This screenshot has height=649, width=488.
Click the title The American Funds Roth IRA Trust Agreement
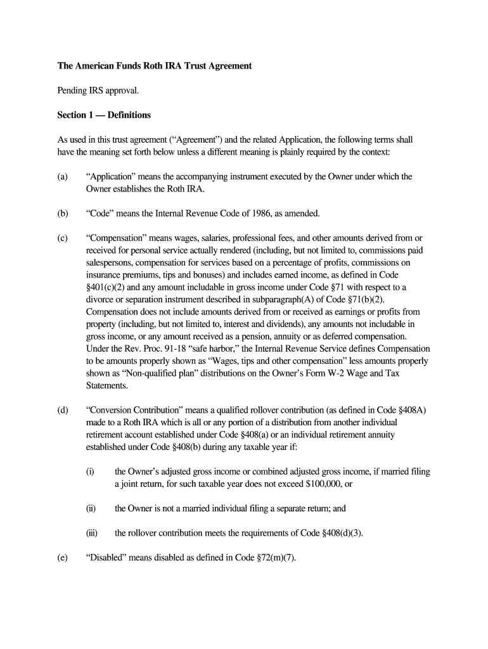(x=155, y=66)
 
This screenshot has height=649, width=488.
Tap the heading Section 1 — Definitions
(x=104, y=115)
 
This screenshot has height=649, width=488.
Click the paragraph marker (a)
(x=63, y=177)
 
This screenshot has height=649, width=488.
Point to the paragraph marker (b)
(x=63, y=214)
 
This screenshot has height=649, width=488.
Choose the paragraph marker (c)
(x=63, y=238)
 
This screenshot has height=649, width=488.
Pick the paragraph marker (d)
(x=63, y=411)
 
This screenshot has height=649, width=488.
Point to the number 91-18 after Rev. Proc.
(x=153, y=349)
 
